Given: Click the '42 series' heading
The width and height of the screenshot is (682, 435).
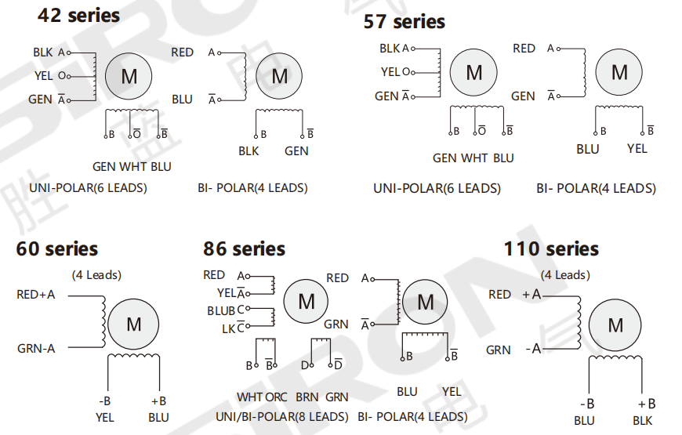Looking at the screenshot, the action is tap(78, 15).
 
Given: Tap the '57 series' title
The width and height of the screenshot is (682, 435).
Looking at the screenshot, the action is tap(404, 21).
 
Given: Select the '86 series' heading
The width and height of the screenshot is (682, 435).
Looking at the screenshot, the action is tap(244, 248).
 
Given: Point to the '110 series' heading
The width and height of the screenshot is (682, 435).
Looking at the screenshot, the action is tap(551, 248).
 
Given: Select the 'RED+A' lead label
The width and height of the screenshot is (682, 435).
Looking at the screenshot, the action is tap(35, 295).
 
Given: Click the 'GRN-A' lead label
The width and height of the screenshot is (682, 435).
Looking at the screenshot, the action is tap(36, 349).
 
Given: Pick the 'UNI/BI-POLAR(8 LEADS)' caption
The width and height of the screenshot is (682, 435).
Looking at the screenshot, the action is tap(282, 417).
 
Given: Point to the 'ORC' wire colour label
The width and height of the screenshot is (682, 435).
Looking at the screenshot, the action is tap(277, 397).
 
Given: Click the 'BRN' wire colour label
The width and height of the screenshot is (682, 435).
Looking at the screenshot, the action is tap(307, 397).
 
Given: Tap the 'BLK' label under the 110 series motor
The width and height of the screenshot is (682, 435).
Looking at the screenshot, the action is tap(643, 421).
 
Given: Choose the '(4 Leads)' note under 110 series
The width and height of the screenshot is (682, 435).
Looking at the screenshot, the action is tap(565, 275).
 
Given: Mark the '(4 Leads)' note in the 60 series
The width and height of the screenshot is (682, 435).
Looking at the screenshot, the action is tap(96, 275).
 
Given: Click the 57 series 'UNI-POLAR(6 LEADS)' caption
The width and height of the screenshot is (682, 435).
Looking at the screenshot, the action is tap(437, 188).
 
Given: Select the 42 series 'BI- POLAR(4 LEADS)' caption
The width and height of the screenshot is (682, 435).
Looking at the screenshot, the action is tap(252, 188).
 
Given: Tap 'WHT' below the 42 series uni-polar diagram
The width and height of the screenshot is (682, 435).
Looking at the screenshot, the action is tap(132, 167).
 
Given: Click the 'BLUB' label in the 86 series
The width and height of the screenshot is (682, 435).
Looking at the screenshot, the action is tap(221, 311).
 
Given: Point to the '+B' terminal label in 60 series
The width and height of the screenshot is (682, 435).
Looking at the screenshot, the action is tap(159, 401).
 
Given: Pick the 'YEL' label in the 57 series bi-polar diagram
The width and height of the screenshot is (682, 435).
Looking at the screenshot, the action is tap(637, 149).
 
